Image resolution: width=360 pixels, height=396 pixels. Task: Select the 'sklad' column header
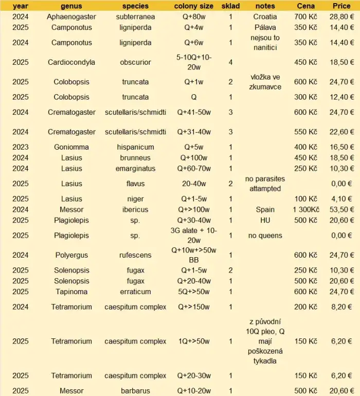point(230,6)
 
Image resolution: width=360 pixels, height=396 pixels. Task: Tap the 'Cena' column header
point(306,6)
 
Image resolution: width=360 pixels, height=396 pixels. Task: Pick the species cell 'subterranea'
point(135,16)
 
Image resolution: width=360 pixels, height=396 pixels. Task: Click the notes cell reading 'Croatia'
point(265,16)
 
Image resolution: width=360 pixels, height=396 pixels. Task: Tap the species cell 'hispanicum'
point(135,147)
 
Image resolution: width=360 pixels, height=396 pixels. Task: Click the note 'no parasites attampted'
point(265,184)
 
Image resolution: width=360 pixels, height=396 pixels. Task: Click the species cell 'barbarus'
point(135,391)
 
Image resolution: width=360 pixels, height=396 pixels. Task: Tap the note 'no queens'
point(265,235)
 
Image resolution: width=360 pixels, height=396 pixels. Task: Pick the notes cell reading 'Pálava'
point(265,27)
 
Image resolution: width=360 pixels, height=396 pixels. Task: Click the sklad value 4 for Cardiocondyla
point(230,62)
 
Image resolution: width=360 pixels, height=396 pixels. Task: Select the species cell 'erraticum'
point(135,292)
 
